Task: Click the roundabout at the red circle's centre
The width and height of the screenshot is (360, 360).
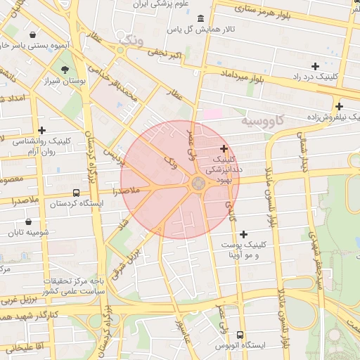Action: [x=198, y=184]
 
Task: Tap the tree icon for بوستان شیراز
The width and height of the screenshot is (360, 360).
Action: [x=65, y=69]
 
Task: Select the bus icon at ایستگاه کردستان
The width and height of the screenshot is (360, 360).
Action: [x=76, y=193]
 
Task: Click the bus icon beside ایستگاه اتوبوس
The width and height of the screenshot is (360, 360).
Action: [x=240, y=335]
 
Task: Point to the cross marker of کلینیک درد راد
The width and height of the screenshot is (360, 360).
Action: [x=315, y=65]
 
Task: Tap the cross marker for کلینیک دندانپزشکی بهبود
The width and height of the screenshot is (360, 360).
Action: [x=224, y=148]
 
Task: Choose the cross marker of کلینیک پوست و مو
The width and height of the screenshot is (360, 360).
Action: [x=244, y=233]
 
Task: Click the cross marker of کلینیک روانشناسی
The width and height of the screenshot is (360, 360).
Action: [x=42, y=129]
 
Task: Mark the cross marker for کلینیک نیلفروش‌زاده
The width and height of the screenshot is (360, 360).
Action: [x=338, y=106]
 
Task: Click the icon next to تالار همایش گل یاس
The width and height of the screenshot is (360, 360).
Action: [x=202, y=18]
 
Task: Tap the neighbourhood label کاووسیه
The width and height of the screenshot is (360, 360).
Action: [x=264, y=120]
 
